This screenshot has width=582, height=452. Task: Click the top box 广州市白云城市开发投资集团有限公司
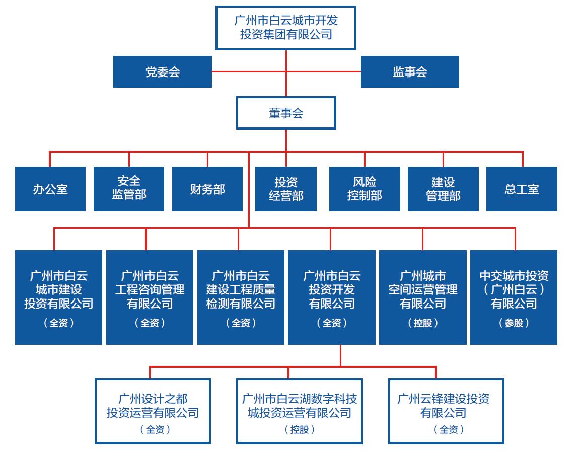[285, 28]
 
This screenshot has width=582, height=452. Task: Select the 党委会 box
[162, 71]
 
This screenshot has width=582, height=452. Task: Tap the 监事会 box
[410, 71]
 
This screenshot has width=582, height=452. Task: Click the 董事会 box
[285, 113]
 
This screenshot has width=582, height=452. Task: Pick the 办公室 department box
[50, 189]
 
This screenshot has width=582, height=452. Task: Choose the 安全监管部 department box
[129, 189]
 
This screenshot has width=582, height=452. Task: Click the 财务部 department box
[207, 189]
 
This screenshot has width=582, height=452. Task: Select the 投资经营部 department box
[286, 189]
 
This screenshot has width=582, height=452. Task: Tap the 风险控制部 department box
[365, 189]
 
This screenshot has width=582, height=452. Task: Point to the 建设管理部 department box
[443, 189]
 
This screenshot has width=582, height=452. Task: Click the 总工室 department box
[522, 189]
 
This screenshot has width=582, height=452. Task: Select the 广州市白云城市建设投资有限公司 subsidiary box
[58, 297]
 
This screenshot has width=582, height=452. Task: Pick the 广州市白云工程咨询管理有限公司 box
[150, 297]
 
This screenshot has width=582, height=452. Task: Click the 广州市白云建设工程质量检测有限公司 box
[241, 297]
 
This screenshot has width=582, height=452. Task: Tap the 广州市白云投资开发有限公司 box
[332, 297]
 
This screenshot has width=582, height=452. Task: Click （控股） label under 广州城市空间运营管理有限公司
[423, 323]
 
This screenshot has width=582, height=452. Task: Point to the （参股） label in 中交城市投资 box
[514, 323]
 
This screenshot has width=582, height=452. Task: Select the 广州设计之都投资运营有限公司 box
[153, 411]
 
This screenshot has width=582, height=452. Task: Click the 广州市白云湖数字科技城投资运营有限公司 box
[300, 411]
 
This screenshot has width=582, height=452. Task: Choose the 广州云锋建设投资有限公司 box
[446, 411]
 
